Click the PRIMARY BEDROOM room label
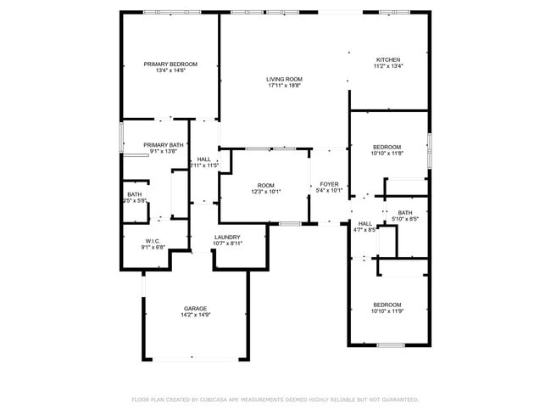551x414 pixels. point(170,64)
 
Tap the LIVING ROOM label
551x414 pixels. point(285,79)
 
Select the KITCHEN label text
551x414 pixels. point(388,59)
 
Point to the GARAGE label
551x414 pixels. point(196,308)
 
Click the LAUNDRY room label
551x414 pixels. point(227,237)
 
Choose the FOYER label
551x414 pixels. point(329,184)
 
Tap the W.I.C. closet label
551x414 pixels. point(153,241)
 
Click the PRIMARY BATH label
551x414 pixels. point(164,145)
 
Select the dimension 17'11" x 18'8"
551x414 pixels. point(285,86)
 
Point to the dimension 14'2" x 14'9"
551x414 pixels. point(196,315)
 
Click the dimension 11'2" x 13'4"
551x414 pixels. point(388,66)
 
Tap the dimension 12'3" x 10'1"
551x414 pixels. point(266,192)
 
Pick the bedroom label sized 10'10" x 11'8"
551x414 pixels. point(387,147)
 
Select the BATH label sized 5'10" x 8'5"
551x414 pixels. point(405,213)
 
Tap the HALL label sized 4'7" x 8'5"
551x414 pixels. point(365,223)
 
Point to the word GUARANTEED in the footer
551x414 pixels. point(398,399)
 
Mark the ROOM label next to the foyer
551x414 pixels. point(266,185)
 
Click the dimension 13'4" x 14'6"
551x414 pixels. point(170,71)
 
